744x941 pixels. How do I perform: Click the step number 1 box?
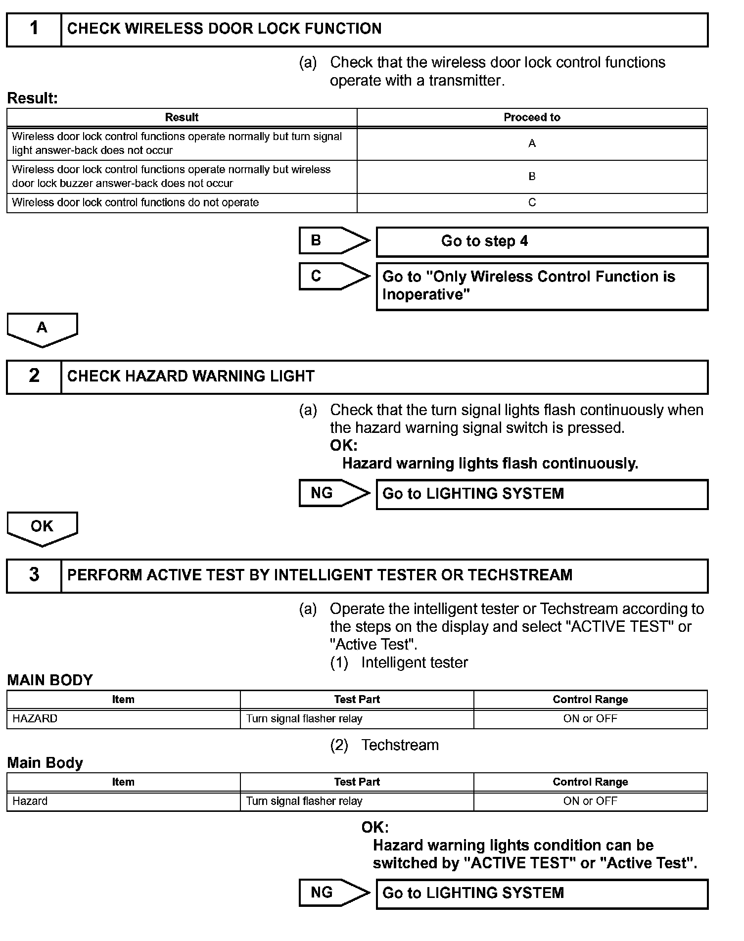(34, 29)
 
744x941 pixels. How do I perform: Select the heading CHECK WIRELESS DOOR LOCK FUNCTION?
(224, 29)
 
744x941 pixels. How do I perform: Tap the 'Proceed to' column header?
(532, 118)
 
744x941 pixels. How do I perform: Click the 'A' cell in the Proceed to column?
(532, 143)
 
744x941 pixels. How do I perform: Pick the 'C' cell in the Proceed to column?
(532, 202)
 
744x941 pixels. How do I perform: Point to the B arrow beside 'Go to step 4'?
(333, 241)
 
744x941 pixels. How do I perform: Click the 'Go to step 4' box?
(542, 241)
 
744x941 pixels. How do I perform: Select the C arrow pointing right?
(333, 276)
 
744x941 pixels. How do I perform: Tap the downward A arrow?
(42, 329)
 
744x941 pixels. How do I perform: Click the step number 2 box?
(34, 376)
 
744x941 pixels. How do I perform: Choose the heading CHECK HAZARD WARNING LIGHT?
(190, 376)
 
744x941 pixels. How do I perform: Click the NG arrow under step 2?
(333, 493)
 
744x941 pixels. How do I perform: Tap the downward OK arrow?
(42, 528)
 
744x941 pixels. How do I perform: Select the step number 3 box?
(34, 575)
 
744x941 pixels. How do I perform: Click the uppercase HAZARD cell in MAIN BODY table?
(35, 718)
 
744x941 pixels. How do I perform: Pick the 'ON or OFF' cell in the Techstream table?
(590, 801)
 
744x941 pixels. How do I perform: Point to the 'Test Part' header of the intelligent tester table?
(357, 700)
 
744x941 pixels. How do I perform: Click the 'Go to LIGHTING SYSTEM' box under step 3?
(542, 893)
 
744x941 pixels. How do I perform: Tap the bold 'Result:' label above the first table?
(33, 98)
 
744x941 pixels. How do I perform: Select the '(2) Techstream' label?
(384, 745)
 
